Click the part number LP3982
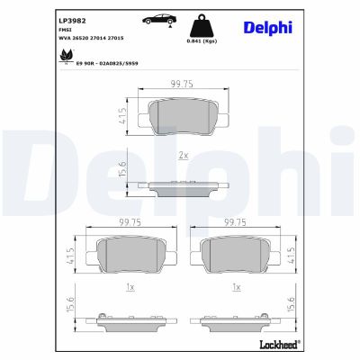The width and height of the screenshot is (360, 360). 71,17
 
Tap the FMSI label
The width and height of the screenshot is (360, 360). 66,28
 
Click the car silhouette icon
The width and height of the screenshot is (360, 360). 156,19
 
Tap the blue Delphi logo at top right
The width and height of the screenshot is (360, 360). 267,28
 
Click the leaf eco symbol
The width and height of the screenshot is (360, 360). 66,57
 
